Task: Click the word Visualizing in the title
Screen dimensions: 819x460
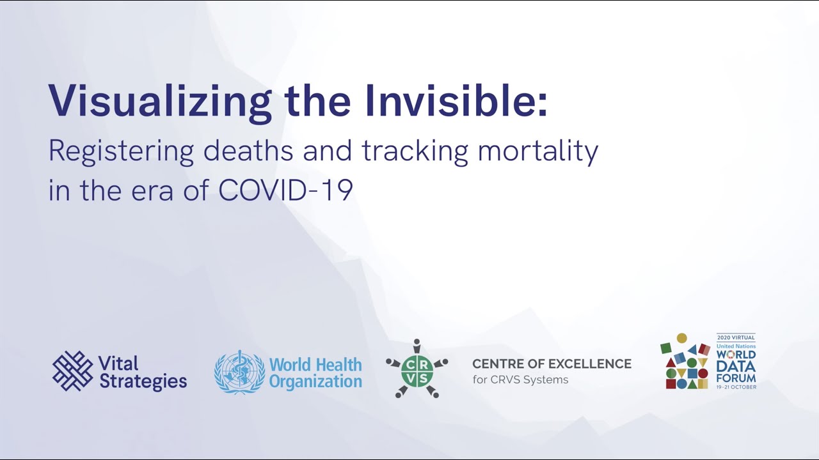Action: [x=160, y=103]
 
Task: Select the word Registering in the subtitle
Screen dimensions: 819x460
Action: [x=121, y=151]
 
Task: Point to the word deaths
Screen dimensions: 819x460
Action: [x=248, y=150]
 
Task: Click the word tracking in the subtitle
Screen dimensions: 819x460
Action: [x=415, y=151]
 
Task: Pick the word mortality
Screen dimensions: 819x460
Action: [x=538, y=151]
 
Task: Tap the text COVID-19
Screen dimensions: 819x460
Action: [x=285, y=190]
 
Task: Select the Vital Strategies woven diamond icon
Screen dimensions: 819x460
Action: [x=72, y=371]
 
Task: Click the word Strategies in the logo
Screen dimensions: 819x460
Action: [x=143, y=381]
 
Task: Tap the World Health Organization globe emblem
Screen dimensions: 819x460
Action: [x=239, y=372]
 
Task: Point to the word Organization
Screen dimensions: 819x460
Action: [x=315, y=382]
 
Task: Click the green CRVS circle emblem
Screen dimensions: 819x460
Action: [x=417, y=371]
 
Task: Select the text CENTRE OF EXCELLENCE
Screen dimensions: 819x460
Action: [x=552, y=364]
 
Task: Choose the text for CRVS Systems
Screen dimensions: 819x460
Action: [x=520, y=379]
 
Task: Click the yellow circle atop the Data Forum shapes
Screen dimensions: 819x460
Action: [x=681, y=338]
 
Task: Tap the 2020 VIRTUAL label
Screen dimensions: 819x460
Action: [x=736, y=337]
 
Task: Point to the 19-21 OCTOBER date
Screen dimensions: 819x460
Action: [x=736, y=387]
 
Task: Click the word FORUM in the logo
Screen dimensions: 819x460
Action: [x=736, y=378]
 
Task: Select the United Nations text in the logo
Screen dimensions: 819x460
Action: [x=736, y=346]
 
